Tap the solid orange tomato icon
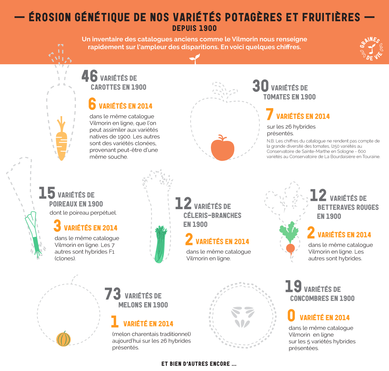click(x=222, y=148)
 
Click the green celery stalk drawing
click(x=160, y=244)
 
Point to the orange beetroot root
click(x=291, y=248)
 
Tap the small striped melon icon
click(x=63, y=339)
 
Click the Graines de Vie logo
click(x=372, y=49)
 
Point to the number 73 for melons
click(x=113, y=294)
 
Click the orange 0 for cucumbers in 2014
click(x=291, y=315)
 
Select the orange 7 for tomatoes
click(x=270, y=114)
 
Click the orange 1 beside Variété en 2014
click(x=115, y=322)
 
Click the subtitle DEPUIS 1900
click(x=194, y=28)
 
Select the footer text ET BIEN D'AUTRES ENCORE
click(x=199, y=364)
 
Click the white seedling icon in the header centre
click(x=195, y=59)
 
